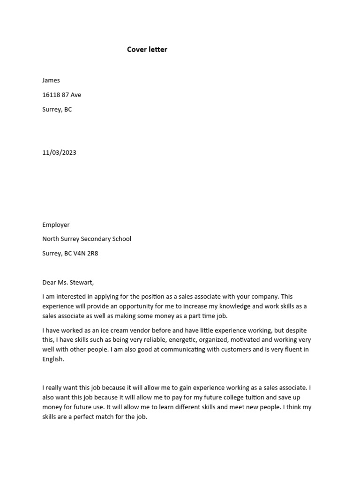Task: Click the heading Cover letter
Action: click(x=147, y=49)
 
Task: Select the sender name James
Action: click(x=51, y=80)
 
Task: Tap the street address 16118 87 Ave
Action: click(x=61, y=95)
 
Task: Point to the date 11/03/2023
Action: click(x=59, y=152)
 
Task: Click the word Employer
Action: click(x=56, y=225)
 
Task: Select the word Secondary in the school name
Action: click(x=97, y=239)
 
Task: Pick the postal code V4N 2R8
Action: click(x=87, y=253)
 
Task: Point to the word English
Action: click(x=52, y=359)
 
